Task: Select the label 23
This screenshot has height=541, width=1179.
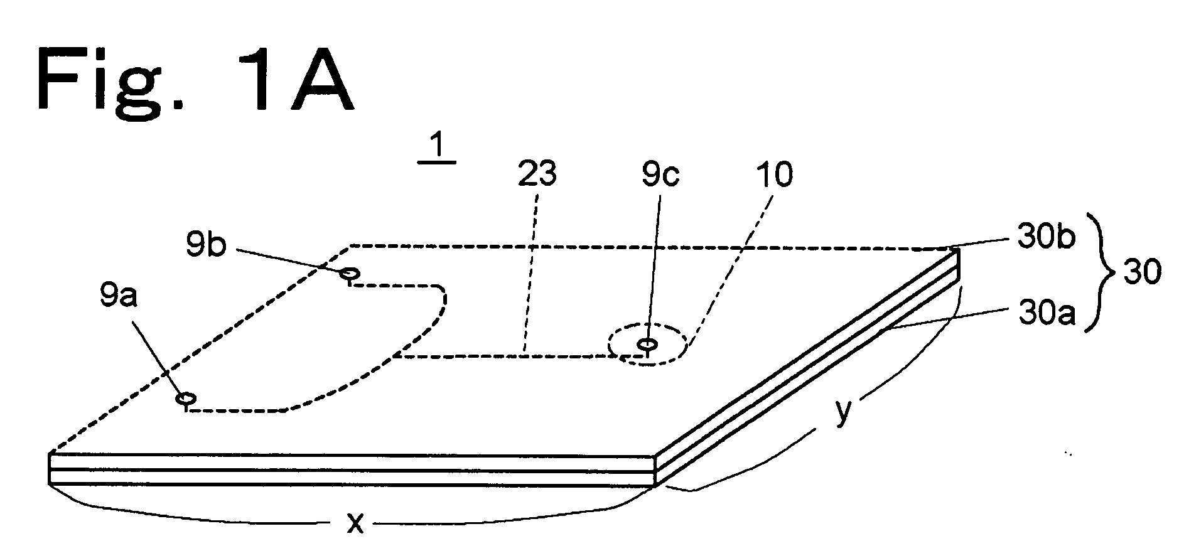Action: (537, 175)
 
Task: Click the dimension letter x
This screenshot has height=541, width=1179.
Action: (355, 522)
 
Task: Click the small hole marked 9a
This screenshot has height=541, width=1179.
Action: (185, 399)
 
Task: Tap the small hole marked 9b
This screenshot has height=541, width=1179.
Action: (349, 274)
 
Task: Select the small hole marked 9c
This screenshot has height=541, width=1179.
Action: (647, 344)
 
